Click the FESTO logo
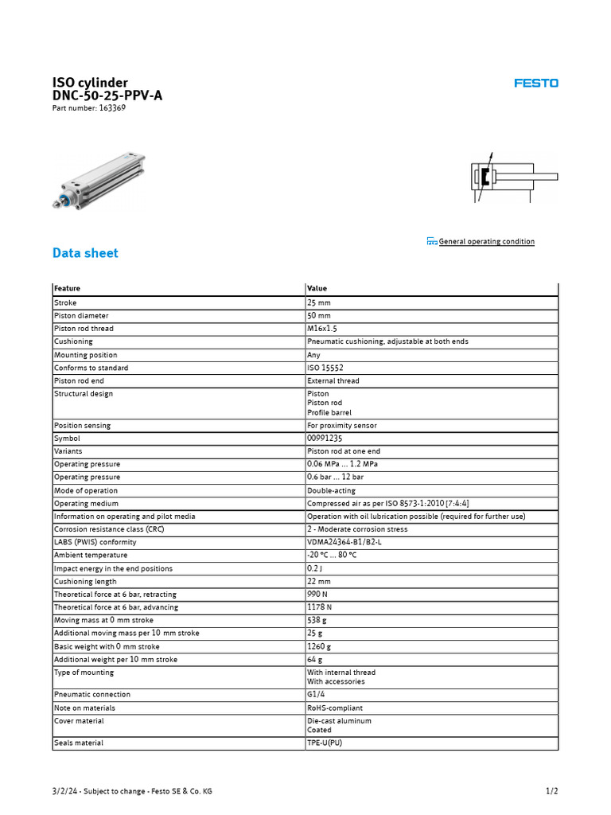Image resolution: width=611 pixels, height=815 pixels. [535, 83]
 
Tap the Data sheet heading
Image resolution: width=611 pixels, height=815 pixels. [85, 253]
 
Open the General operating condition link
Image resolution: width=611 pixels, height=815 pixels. [486, 242]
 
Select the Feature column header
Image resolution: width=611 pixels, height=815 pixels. [67, 289]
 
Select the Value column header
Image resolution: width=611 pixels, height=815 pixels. [317, 289]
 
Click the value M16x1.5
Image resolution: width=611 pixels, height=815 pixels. [322, 329]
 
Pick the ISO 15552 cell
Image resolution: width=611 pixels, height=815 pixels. [325, 369]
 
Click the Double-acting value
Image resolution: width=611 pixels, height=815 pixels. [331, 491]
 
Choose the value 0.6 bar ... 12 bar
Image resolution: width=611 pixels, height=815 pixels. [336, 478]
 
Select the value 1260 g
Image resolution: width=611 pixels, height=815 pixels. [319, 647]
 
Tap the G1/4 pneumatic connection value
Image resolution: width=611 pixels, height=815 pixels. [316, 695]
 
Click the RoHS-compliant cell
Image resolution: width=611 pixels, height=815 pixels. [335, 708]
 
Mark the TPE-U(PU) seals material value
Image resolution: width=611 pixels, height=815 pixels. [325, 743]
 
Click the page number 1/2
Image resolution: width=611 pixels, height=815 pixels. [551, 791]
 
